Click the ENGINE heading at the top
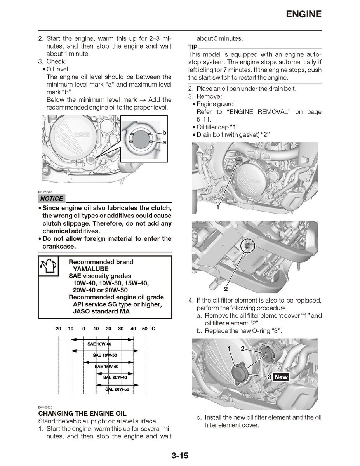point(303,14)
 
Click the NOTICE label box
point(51,198)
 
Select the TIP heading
point(193,47)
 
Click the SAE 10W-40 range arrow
point(102,344)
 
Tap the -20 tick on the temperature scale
point(57,329)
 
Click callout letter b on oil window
point(164,133)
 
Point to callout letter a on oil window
point(164,143)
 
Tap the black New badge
point(281,377)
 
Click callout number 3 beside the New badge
point(269,377)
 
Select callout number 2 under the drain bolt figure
point(226,289)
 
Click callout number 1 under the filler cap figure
point(218,208)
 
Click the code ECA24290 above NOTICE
point(45,192)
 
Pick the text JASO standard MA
point(101,311)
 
